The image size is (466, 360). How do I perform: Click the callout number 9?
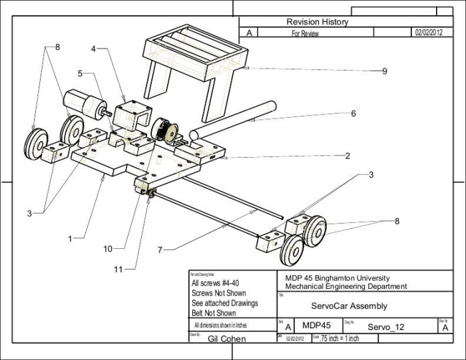coord(384,71)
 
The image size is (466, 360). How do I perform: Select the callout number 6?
coord(353,114)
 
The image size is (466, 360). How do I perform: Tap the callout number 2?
coord(348,156)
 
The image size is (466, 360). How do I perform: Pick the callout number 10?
coord(107,249)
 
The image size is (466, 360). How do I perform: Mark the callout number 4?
coord(95,49)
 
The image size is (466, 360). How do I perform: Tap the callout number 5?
coord(80,74)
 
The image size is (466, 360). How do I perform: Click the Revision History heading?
coord(317,22)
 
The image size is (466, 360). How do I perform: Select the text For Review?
coord(306,32)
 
